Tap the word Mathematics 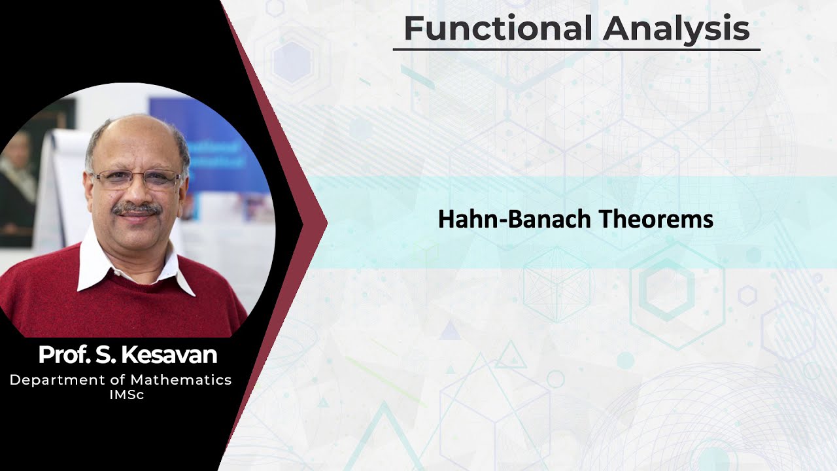(x=180, y=380)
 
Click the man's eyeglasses (x=135, y=179)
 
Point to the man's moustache (x=135, y=209)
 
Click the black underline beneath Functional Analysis (x=576, y=50)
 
